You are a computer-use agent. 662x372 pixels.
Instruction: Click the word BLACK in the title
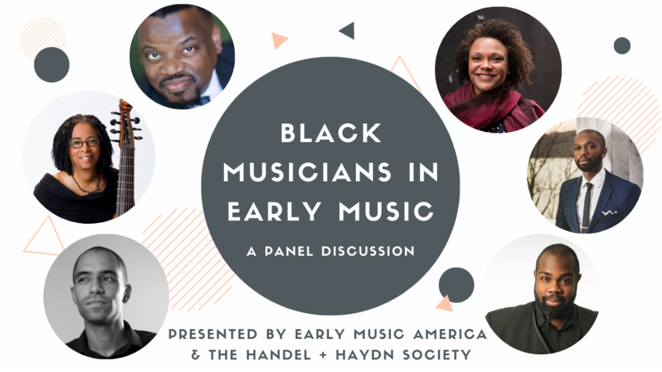point(330,133)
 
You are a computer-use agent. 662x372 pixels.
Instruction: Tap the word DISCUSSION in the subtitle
point(368,251)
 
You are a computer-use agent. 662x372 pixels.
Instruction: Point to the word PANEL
point(289,251)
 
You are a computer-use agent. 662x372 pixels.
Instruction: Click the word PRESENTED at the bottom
point(213,334)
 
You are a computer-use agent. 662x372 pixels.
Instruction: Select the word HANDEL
point(279,355)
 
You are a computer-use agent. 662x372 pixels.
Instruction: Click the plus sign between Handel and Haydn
point(323,355)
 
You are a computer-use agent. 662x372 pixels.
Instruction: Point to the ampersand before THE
point(196,355)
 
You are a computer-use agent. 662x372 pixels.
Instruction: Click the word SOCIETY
point(437,355)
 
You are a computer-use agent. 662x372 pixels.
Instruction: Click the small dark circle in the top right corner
point(622,46)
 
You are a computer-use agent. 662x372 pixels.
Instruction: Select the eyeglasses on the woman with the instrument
point(84,143)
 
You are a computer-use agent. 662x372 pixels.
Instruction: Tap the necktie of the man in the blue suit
point(586,207)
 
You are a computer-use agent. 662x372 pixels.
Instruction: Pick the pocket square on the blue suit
point(610,212)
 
